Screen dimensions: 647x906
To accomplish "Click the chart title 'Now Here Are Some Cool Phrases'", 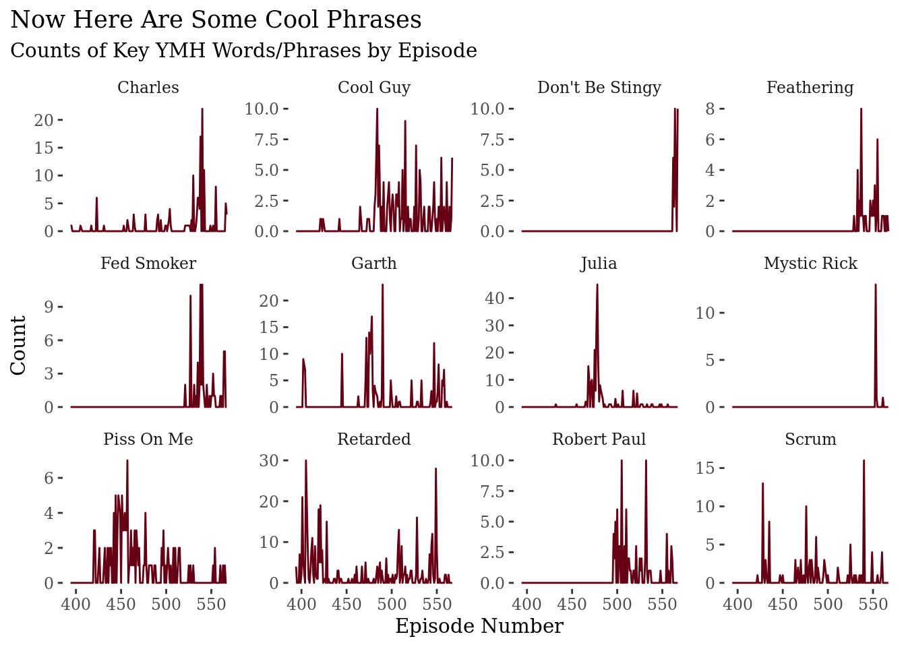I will point(216,20).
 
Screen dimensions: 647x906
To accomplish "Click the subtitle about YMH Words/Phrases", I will point(243,51).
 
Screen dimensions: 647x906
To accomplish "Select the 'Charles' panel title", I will point(148,88).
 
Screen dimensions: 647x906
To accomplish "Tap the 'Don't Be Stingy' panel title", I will point(599,88).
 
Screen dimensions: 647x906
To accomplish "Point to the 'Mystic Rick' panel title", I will point(810,264).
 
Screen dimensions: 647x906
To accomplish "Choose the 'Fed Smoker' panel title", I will point(148,264).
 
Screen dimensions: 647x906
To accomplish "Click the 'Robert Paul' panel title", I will point(599,439).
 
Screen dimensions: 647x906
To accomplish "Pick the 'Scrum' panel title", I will point(810,439).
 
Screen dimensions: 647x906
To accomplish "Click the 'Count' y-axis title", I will point(18,345).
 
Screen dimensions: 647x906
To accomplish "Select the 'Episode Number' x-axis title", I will point(479,627).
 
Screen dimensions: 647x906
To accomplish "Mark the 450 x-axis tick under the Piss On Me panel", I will point(121,604).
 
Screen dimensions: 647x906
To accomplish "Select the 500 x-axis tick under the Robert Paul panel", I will point(617,604).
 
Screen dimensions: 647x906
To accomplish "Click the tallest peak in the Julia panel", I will point(597,285).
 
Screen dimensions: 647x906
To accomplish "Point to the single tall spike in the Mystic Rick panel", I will point(875,285).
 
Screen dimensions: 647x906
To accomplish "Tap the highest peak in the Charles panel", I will point(202,109).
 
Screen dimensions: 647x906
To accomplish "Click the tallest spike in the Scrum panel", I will point(864,461).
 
